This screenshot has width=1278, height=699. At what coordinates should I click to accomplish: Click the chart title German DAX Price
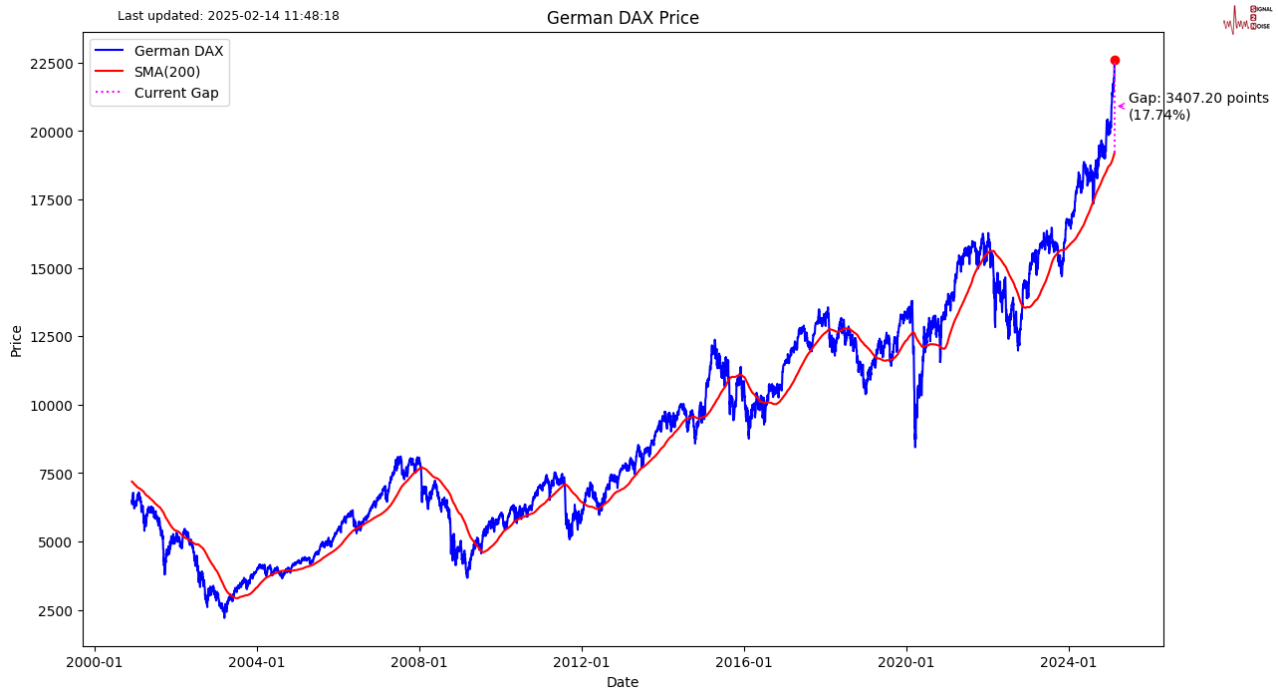tap(623, 18)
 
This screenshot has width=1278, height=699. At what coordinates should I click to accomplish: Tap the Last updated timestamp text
tap(228, 16)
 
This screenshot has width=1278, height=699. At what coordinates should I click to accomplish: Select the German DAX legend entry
tap(178, 51)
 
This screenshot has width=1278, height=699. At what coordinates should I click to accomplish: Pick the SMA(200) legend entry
tap(166, 72)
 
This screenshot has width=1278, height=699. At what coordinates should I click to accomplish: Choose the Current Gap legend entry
tap(175, 94)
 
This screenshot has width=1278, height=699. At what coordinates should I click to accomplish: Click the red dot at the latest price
tap(1115, 60)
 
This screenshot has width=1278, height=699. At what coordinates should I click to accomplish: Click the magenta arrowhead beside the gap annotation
tap(1121, 106)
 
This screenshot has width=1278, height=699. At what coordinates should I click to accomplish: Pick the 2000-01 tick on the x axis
tap(95, 662)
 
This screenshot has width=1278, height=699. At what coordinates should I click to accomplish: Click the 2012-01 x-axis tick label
tap(582, 662)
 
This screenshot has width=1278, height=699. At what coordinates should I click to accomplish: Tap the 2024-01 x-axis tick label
tap(1069, 662)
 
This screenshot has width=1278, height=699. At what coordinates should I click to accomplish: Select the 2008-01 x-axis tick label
tap(419, 662)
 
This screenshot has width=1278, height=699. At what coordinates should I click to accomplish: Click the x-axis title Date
tap(623, 682)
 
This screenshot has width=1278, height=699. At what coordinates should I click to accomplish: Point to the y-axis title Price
tap(17, 339)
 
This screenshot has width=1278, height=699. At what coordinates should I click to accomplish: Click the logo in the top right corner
tap(1246, 18)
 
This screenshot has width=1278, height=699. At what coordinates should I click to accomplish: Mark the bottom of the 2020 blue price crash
tap(915, 446)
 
